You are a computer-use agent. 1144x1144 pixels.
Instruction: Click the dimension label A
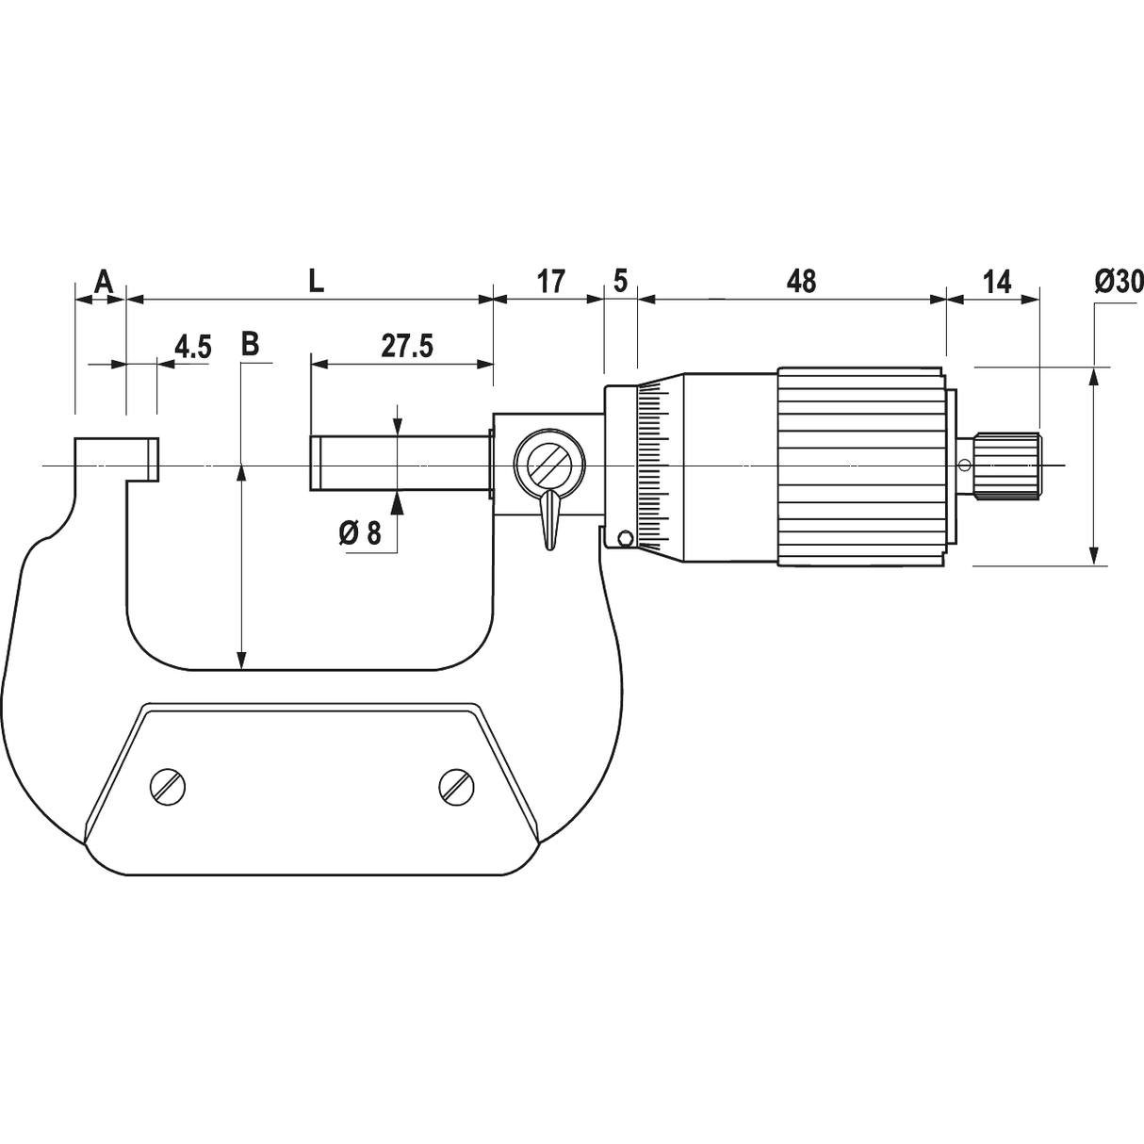103,280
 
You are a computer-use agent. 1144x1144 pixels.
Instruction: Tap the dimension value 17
550,280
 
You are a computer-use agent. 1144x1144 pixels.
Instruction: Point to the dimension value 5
620,280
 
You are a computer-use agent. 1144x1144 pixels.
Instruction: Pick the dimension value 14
996,280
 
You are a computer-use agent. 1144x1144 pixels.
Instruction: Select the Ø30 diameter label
1119,280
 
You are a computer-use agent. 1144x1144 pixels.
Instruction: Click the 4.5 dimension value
191,347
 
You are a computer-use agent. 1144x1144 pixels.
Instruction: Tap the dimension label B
249,344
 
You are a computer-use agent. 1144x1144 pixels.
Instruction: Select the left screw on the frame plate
168,786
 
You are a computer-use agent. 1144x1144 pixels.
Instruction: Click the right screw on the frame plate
457,786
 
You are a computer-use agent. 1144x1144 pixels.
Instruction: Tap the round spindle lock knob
547,464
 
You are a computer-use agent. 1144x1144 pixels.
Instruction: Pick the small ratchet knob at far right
1008,466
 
